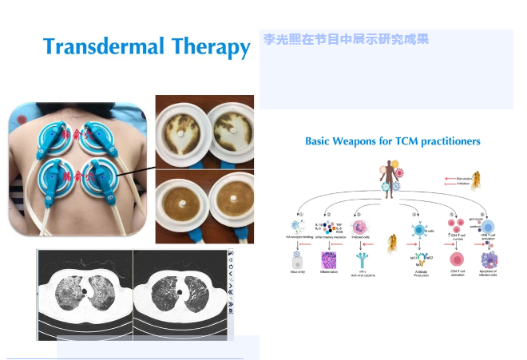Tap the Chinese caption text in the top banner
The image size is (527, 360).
(x=346, y=38)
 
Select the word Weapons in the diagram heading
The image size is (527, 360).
(x=363, y=140)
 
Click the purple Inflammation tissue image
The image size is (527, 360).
(x=331, y=261)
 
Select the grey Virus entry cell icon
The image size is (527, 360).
(x=295, y=261)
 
